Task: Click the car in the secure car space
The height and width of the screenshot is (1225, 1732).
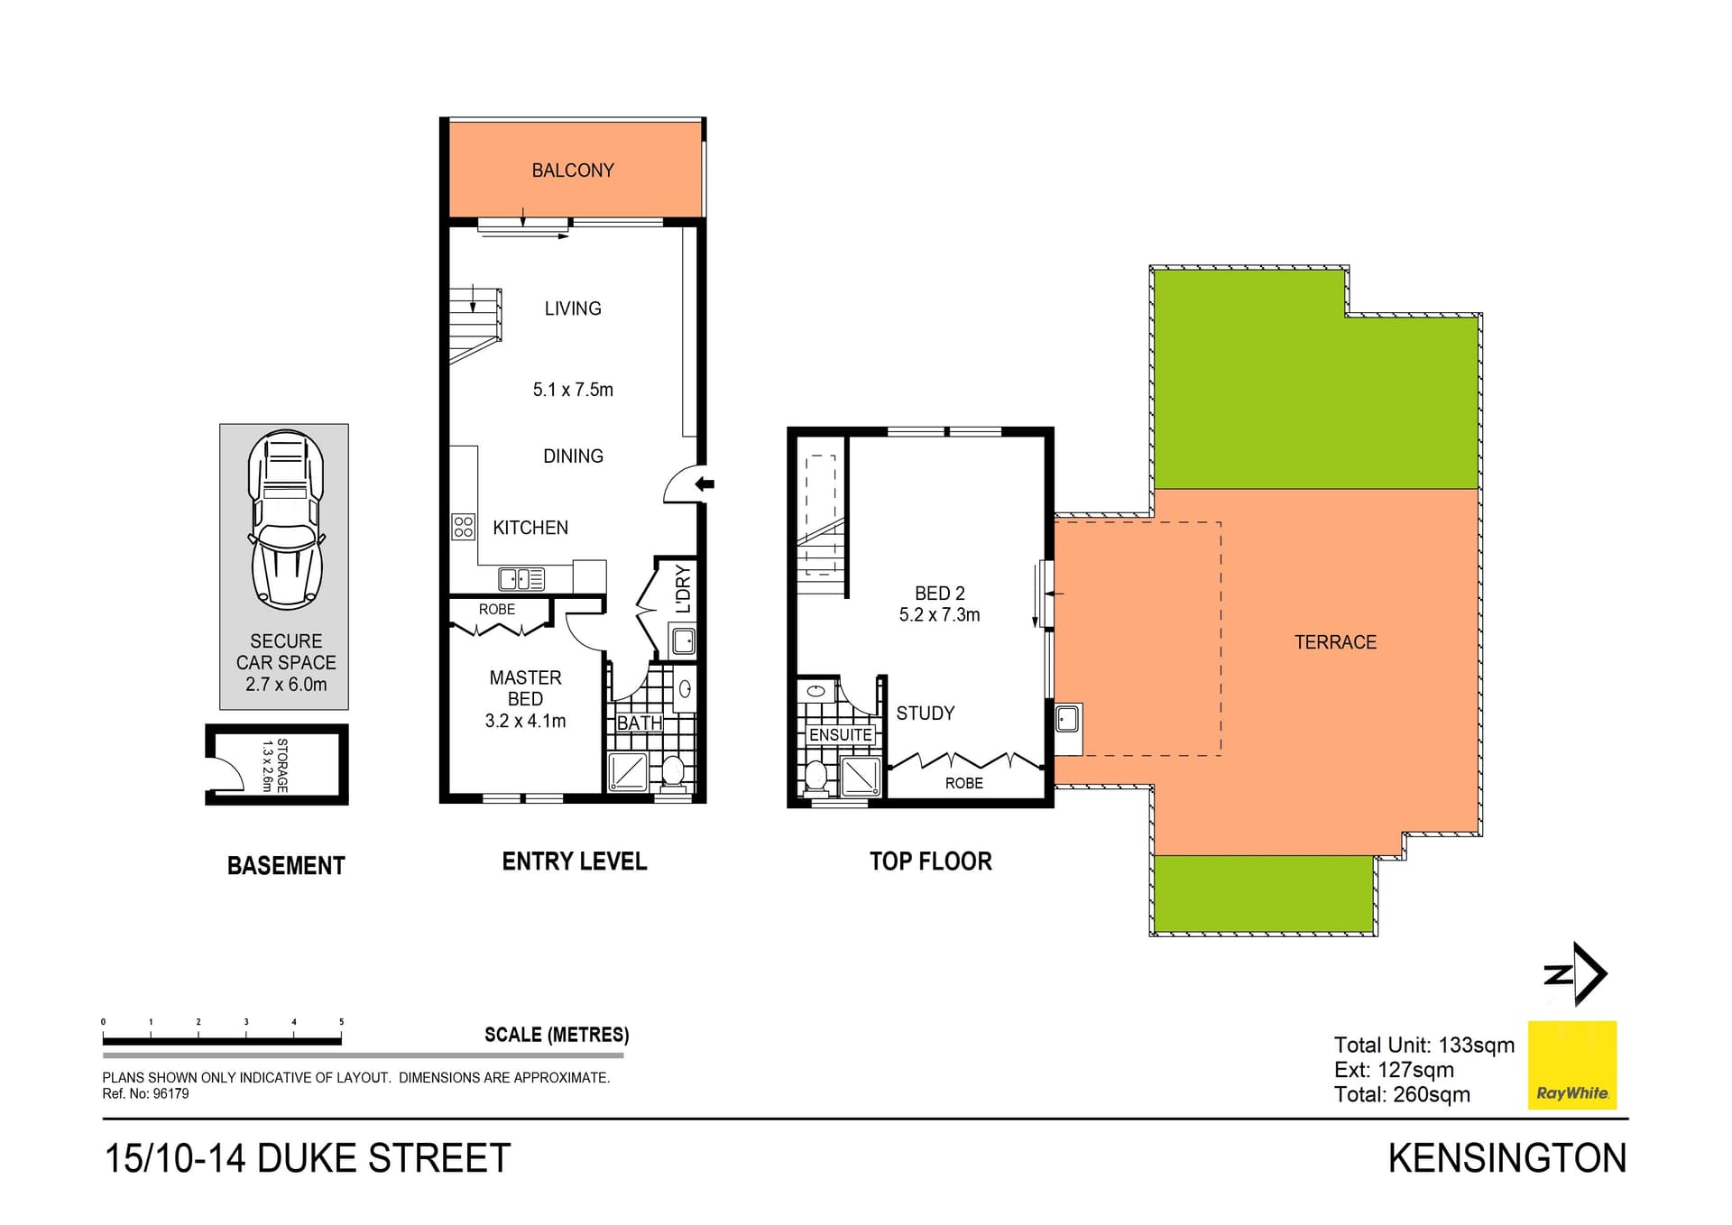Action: tap(285, 518)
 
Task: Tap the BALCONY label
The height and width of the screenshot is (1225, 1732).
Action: tap(573, 170)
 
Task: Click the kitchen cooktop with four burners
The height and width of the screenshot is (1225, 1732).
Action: tap(463, 527)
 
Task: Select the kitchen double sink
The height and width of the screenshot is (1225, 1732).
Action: tap(521, 578)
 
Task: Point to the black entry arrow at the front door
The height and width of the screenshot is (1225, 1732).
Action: tap(705, 484)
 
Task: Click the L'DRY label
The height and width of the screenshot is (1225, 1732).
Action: tap(683, 588)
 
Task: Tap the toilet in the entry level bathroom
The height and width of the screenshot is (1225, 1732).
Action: tap(673, 771)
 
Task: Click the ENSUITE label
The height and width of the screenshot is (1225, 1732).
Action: tap(840, 735)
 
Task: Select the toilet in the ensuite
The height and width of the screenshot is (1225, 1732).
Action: tap(816, 777)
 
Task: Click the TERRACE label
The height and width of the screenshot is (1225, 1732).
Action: tap(1335, 642)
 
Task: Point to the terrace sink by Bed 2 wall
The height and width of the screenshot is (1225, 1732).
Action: tap(1068, 720)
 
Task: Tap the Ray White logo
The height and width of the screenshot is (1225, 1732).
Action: tap(1571, 1065)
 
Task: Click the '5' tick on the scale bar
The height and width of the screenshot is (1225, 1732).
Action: tap(341, 1022)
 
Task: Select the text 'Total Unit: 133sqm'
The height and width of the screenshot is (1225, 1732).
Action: tap(1423, 1045)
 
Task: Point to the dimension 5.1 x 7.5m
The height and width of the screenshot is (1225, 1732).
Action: tap(573, 390)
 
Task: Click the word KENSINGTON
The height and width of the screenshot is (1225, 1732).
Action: tap(1506, 1159)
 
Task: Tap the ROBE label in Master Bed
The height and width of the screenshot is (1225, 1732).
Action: tap(497, 610)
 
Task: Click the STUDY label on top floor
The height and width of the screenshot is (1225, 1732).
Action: tap(925, 714)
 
